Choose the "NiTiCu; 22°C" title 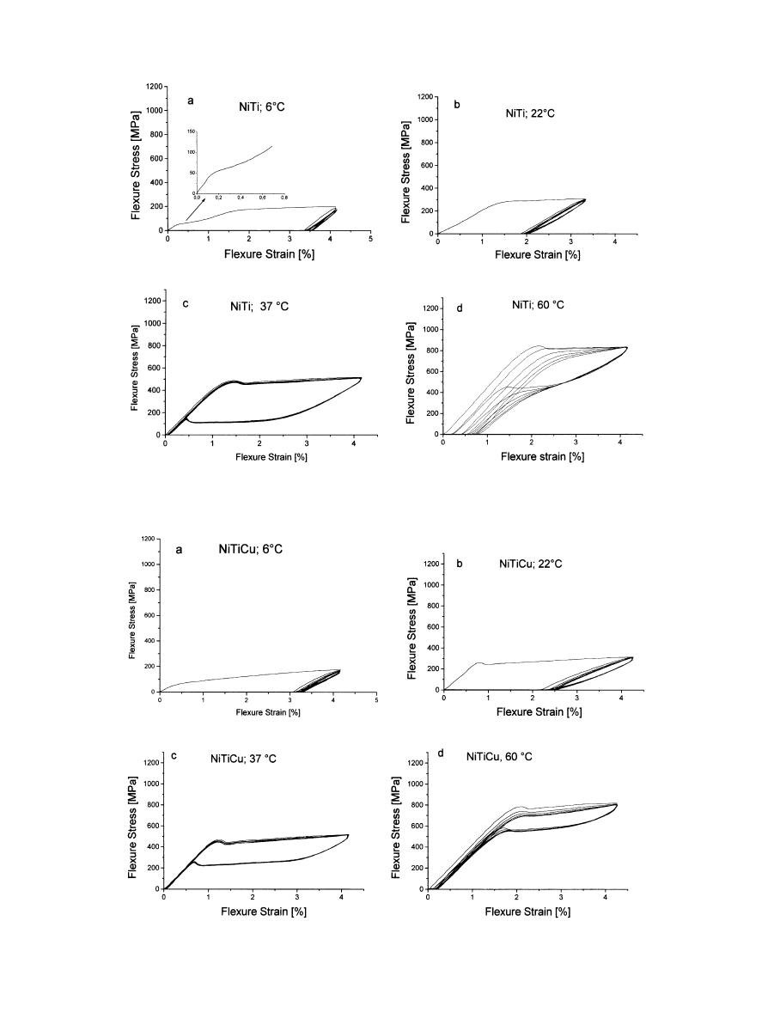536,564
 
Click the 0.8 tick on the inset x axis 284,198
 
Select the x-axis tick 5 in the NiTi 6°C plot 370,238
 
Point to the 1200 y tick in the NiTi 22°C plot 426,96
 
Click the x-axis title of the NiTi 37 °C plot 271,457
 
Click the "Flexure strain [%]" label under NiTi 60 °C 544,456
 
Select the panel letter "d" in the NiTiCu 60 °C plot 442,753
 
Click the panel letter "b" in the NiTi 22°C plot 457,106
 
